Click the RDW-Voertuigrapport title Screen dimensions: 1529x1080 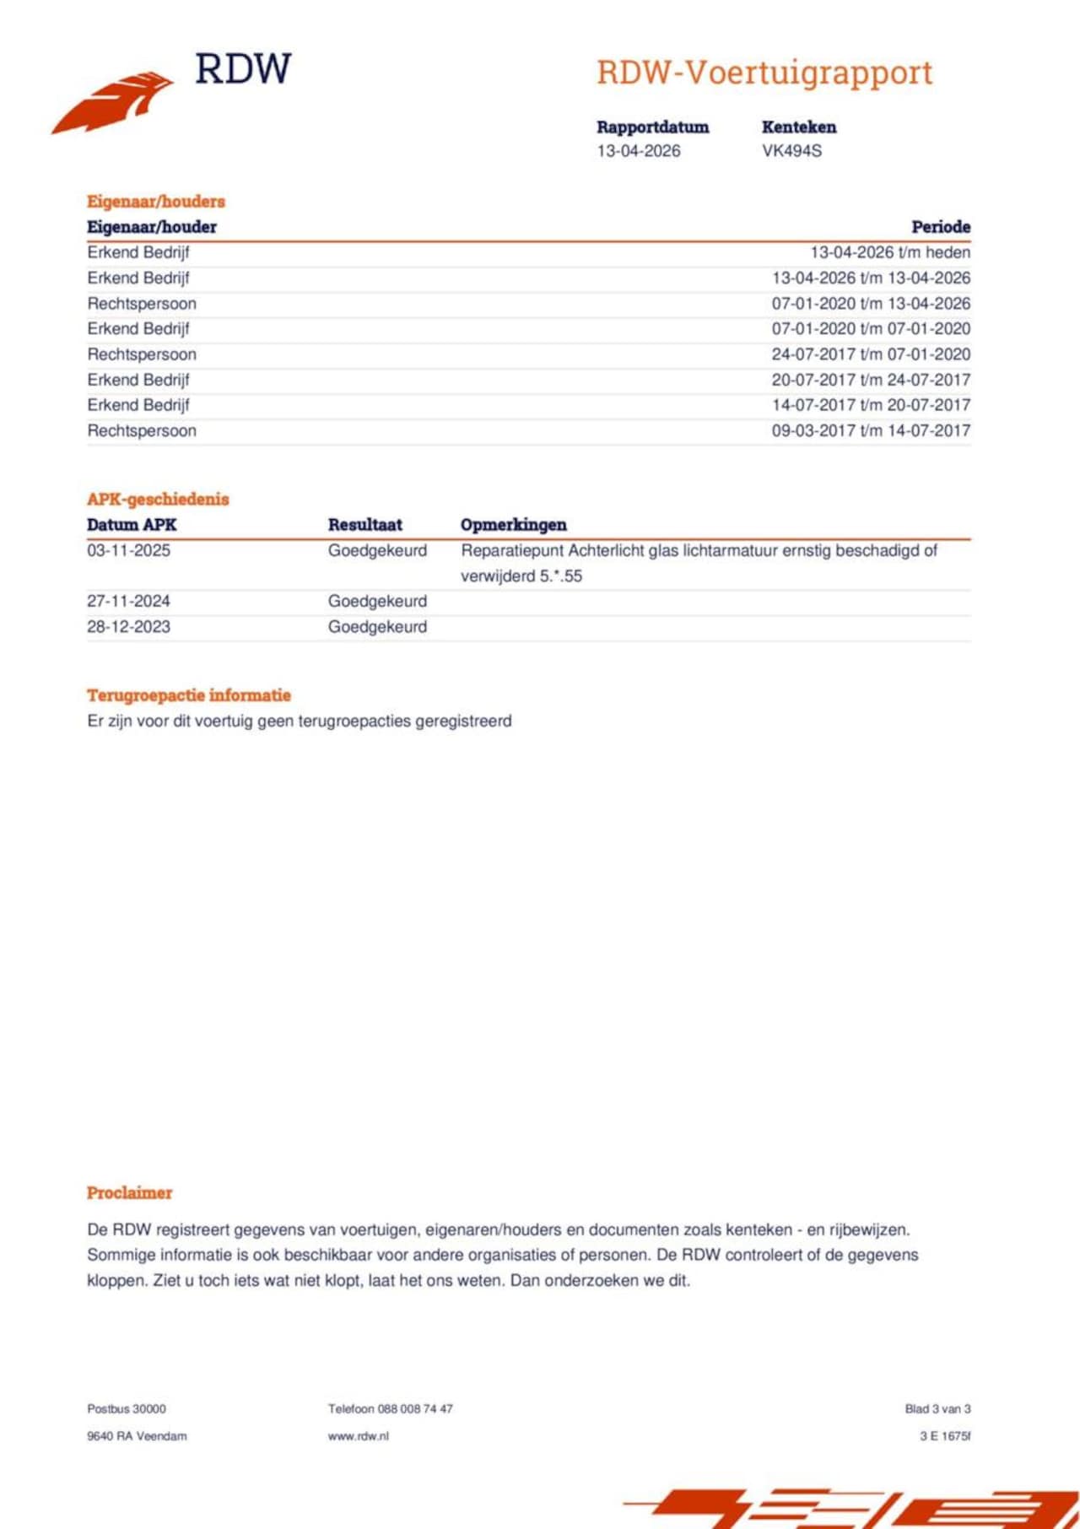(x=764, y=73)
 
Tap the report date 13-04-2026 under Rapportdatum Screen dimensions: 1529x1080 (x=639, y=151)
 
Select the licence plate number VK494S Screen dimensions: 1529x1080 (x=791, y=151)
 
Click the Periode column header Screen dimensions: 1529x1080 (x=940, y=227)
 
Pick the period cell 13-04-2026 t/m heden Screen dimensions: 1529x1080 (x=889, y=252)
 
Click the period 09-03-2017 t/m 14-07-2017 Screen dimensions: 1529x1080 (x=870, y=430)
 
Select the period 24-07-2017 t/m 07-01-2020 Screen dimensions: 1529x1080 (x=870, y=354)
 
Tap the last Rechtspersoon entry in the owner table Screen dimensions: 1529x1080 (x=142, y=430)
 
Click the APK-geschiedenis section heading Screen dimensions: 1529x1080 (x=158, y=499)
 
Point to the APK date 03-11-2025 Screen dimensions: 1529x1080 (x=128, y=551)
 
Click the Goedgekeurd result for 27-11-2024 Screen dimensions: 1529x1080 (x=377, y=602)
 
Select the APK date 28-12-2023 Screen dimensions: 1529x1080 (x=128, y=627)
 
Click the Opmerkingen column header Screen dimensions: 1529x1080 (x=513, y=525)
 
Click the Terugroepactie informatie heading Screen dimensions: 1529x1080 (x=188, y=695)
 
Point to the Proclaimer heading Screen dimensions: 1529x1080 (x=129, y=1192)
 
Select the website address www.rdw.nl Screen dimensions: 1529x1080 (x=358, y=1435)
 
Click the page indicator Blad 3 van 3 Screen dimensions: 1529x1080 (x=937, y=1408)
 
